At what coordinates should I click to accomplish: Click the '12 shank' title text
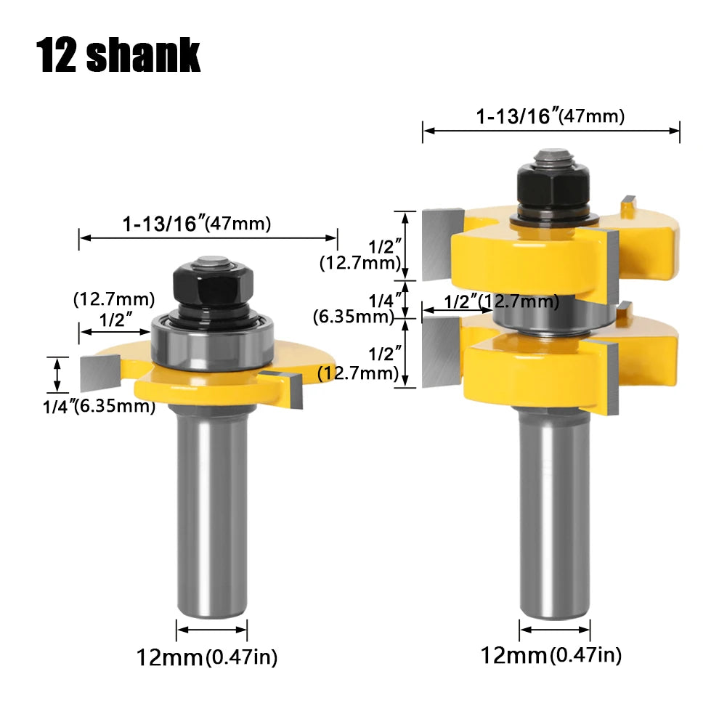pyautogui.click(x=118, y=56)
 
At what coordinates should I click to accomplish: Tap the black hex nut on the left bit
pyautogui.click(x=213, y=285)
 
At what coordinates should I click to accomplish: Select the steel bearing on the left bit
pyautogui.click(x=212, y=342)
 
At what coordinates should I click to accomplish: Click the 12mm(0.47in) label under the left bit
pyautogui.click(x=207, y=657)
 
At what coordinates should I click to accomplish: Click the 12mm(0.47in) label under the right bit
pyautogui.click(x=551, y=656)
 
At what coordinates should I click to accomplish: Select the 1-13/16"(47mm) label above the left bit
pyautogui.click(x=197, y=224)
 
